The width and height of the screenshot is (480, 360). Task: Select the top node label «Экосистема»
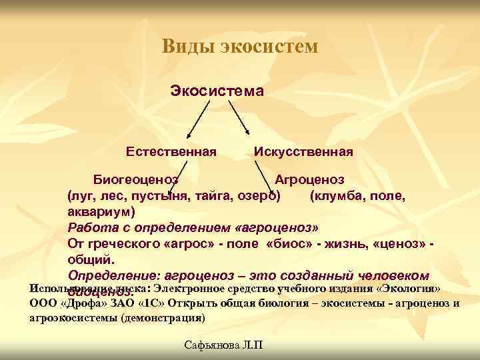(218, 90)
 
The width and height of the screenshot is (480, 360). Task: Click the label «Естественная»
(171, 152)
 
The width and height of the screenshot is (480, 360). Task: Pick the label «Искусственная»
(303, 152)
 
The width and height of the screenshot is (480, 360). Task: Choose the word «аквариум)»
(101, 212)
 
